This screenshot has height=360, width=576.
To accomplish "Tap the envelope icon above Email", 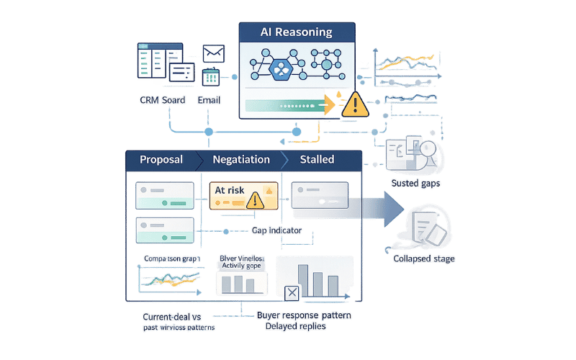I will tap(214, 53).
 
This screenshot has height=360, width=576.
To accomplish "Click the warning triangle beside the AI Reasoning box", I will tap(354, 106).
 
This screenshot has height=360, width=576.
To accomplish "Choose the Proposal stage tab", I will tap(161, 159).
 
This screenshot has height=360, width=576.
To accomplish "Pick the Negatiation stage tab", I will tap(241, 159).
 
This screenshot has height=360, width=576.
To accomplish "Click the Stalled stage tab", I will tap(317, 159).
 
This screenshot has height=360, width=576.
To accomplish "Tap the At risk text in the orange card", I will tap(230, 190).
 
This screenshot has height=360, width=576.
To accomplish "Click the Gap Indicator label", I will tap(276, 230).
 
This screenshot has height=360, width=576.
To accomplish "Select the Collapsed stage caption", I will tap(423, 258).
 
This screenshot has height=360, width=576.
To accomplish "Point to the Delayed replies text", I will tap(295, 326).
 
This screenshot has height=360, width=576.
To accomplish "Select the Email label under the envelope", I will tap(209, 100).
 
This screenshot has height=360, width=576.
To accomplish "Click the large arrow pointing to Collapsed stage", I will tap(382, 210).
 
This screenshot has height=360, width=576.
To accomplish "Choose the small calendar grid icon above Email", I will tap(211, 77).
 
